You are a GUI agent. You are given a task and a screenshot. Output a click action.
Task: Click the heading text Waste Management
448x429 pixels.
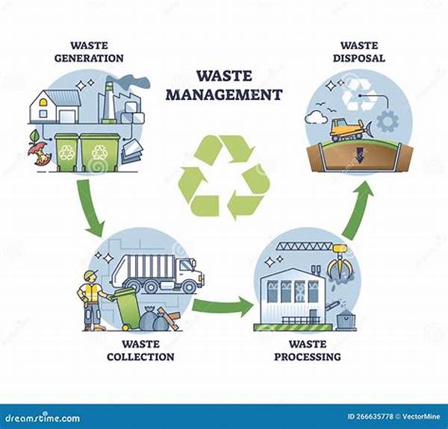[x=224, y=85]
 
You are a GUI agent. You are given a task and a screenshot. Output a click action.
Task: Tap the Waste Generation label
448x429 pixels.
[x=89, y=52]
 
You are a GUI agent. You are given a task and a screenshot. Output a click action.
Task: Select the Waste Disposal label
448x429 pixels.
[x=359, y=52]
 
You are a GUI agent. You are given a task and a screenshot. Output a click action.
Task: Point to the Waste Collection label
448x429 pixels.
[x=140, y=351]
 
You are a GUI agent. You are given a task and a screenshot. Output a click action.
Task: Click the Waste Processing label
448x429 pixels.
[x=308, y=351]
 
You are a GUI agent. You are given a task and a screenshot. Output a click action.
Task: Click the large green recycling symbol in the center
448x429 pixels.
[x=224, y=176]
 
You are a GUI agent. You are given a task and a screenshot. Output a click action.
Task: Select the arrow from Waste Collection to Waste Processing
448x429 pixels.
[x=223, y=307]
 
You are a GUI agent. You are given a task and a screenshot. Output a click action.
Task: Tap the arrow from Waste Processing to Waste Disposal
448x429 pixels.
[x=357, y=211]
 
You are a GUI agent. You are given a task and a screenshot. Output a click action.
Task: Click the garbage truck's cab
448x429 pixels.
[x=190, y=272]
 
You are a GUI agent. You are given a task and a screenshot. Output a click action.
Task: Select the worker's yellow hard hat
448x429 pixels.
[x=91, y=275]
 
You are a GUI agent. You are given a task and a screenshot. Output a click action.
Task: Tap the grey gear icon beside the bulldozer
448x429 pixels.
[x=388, y=122]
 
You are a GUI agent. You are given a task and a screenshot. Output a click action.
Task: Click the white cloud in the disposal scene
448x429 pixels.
[x=316, y=117]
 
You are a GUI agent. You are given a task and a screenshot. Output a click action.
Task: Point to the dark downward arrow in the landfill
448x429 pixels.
[x=359, y=155]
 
